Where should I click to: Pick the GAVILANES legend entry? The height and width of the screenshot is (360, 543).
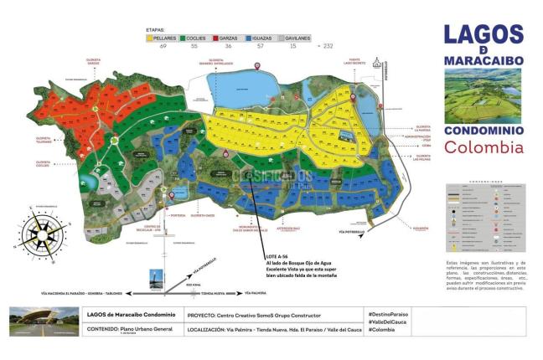[x=296, y=38]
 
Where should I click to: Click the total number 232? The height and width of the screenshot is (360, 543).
[x=328, y=45]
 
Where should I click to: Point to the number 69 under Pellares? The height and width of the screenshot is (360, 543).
[x=162, y=45]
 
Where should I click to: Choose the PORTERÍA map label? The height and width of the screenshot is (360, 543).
[x=178, y=215]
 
